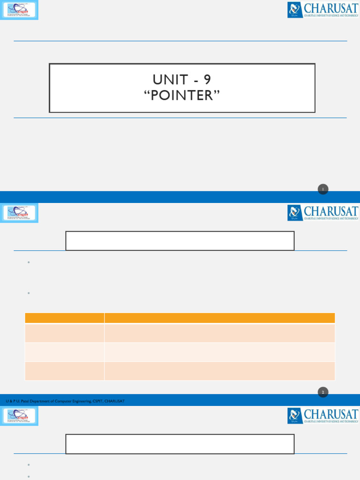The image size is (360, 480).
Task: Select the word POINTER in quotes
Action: [x=182, y=95]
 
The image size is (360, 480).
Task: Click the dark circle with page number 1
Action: [x=323, y=189]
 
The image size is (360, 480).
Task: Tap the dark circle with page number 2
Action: [x=323, y=392]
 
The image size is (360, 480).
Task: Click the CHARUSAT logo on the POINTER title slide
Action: [x=322, y=9]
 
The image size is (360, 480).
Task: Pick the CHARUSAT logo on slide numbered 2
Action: [x=322, y=212]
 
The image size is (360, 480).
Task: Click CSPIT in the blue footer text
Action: [x=98, y=401]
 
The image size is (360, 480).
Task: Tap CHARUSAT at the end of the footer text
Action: [x=115, y=401]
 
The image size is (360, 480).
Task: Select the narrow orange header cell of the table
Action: [x=64, y=318]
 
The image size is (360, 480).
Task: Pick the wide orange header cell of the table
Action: [x=219, y=318]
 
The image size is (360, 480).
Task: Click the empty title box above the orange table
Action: [x=180, y=240]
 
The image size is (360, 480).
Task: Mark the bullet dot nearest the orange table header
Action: [x=29, y=293]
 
